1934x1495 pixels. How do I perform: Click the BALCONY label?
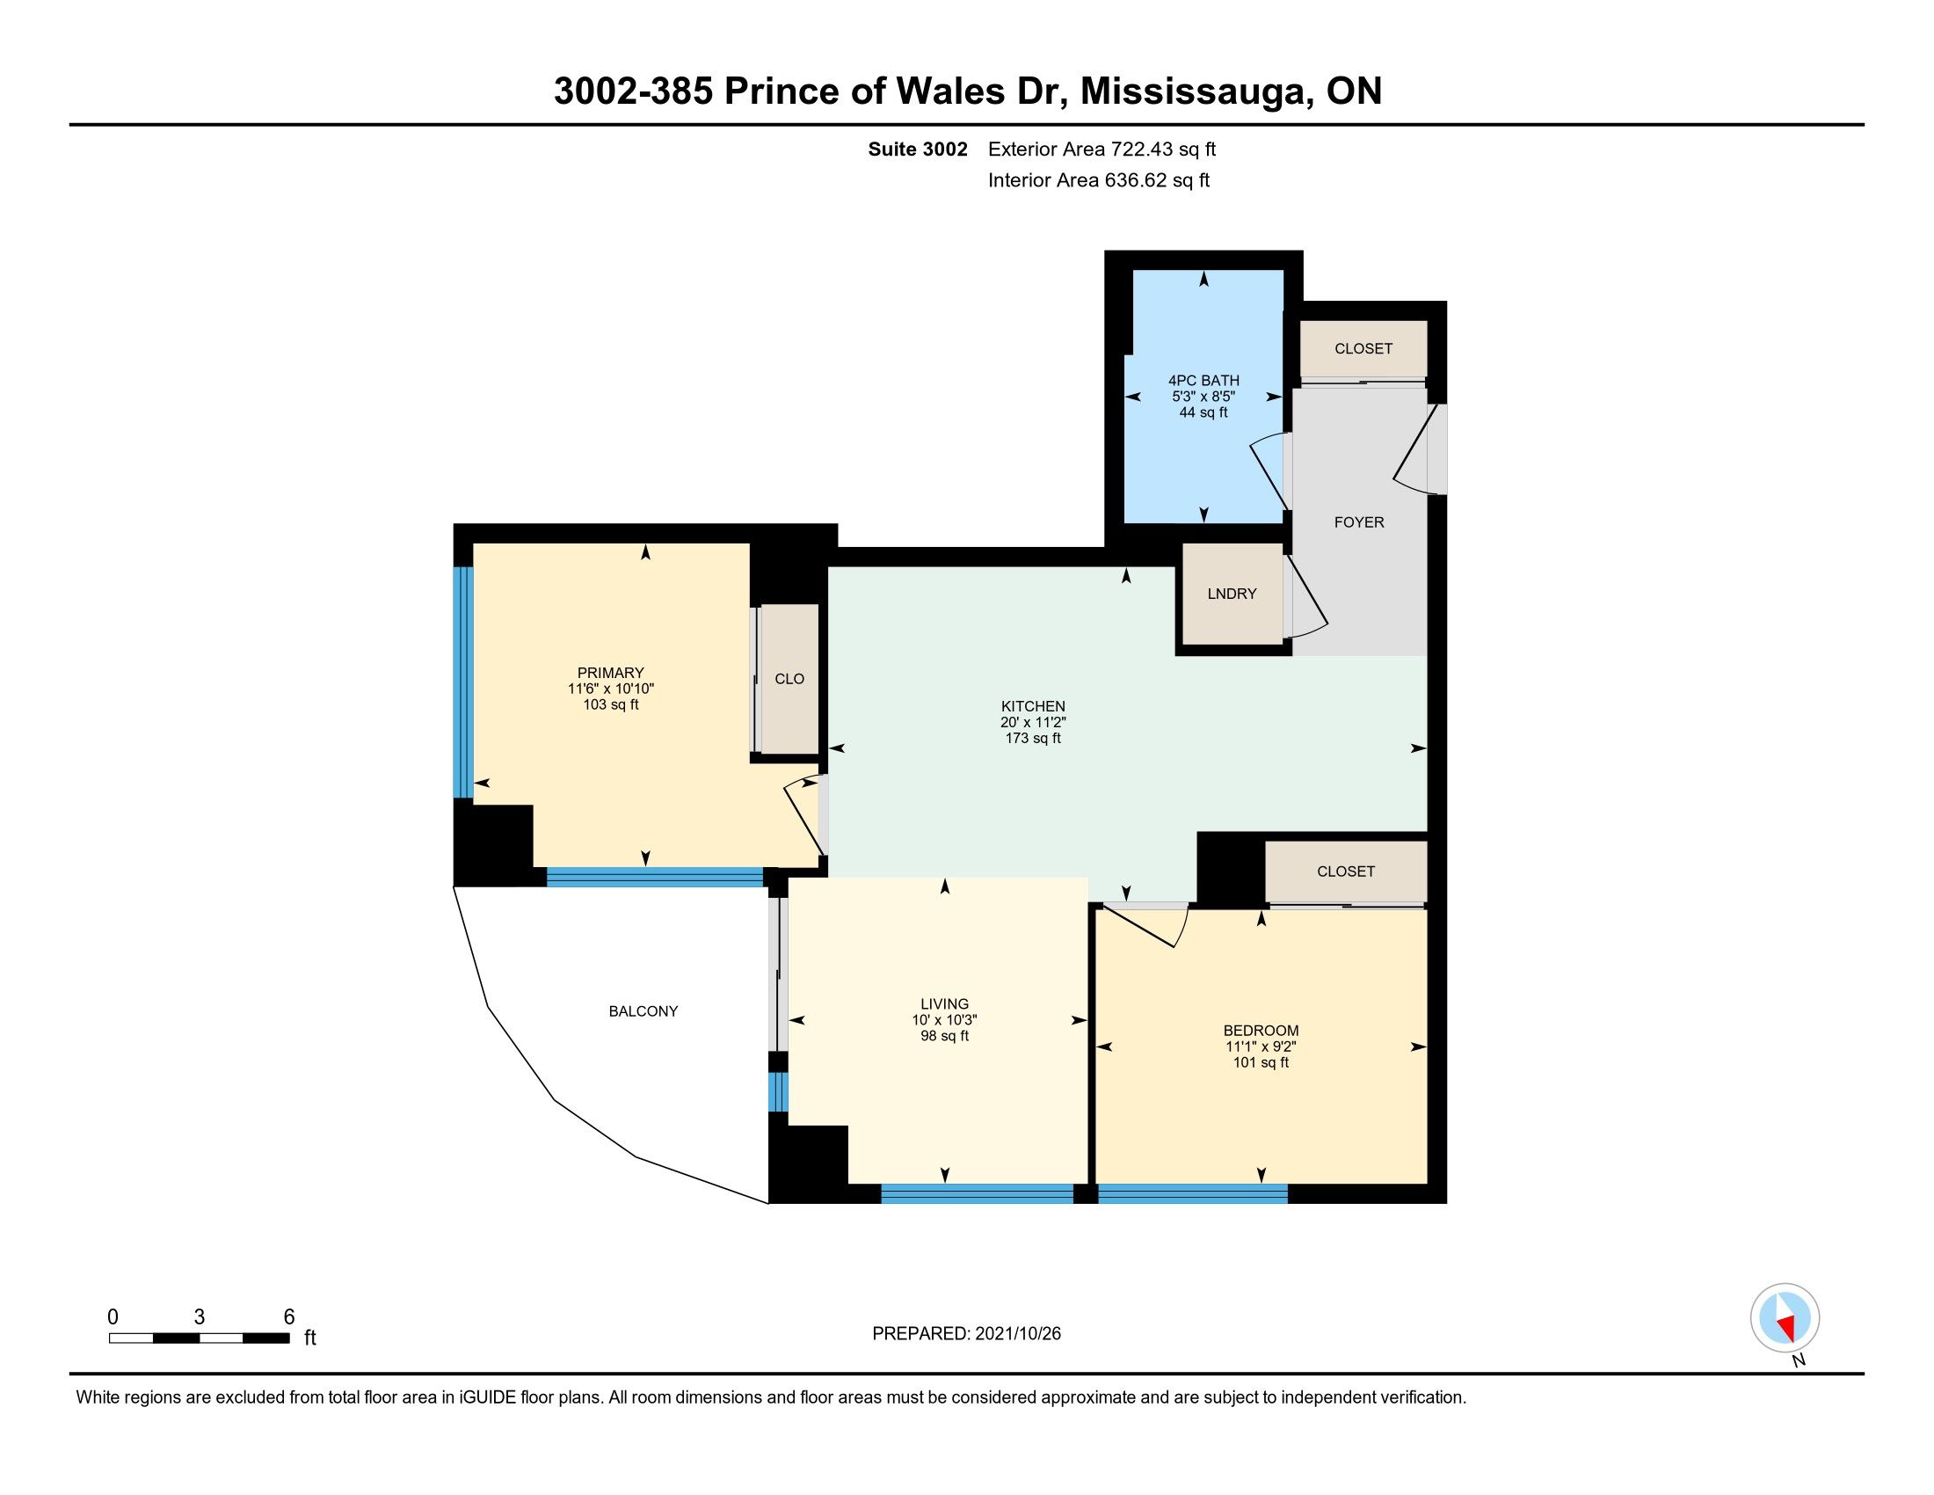pos(643,1010)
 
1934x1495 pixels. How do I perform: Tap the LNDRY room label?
pos(1232,594)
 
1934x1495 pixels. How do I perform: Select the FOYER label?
pos(1358,521)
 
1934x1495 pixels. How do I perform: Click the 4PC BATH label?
pos(1203,381)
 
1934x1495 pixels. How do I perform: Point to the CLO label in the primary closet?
pos(789,678)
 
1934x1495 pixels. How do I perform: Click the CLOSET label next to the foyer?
pos(1363,348)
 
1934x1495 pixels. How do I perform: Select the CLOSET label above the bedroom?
pos(1345,871)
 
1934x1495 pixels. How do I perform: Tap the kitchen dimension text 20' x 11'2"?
pos(1033,722)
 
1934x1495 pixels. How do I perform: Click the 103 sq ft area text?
pos(611,705)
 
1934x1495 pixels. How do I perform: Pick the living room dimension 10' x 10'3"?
pos(944,1019)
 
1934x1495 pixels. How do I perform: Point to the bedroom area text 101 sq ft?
pos(1260,1062)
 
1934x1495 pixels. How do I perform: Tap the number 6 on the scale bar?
pos(288,1317)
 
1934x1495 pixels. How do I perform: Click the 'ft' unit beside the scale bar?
pos(310,1338)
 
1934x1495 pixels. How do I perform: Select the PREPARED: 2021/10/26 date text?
pos(966,1333)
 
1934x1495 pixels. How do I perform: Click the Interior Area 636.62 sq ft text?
pos(1098,180)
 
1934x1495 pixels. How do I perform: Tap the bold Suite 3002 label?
pos(918,149)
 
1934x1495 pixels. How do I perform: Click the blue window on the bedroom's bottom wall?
pos(1193,1194)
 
